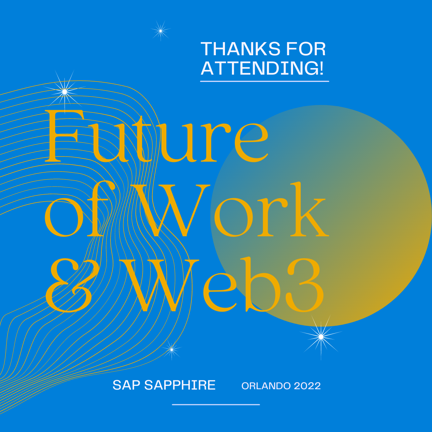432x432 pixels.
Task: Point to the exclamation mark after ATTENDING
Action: (x=321, y=68)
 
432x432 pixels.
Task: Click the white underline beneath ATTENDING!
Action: (x=264, y=81)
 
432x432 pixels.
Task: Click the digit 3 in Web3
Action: (x=305, y=285)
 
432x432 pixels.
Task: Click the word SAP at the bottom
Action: (x=126, y=385)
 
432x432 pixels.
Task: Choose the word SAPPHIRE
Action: (x=180, y=385)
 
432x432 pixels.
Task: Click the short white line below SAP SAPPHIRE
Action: (x=216, y=405)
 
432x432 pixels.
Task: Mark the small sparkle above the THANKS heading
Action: (x=160, y=31)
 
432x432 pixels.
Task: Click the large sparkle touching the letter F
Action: (x=65, y=91)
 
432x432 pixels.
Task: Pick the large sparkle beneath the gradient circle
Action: (x=321, y=336)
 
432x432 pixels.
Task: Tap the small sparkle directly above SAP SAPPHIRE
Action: (x=171, y=350)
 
